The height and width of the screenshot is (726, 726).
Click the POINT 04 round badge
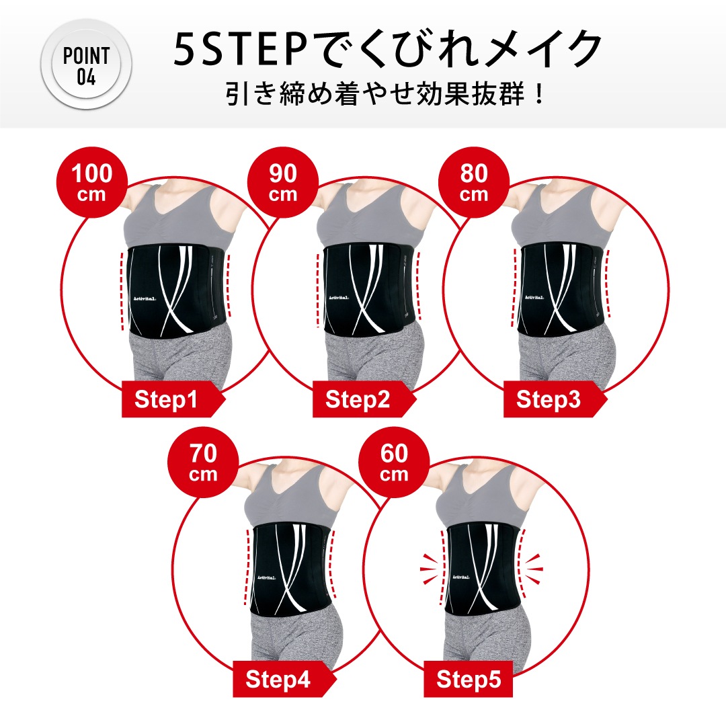(86, 66)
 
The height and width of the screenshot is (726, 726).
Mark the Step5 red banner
(469, 680)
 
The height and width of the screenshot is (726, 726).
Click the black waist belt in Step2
(366, 289)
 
